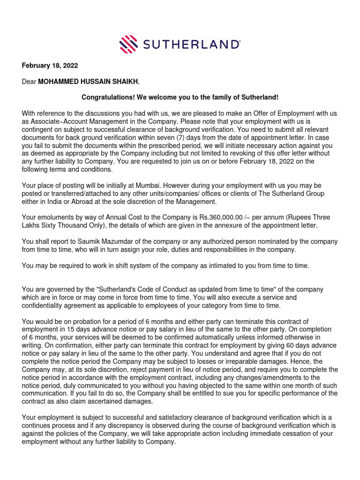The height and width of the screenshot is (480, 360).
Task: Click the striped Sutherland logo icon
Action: [x=129, y=45]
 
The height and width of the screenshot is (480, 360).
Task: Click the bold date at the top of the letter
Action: [x=50, y=66]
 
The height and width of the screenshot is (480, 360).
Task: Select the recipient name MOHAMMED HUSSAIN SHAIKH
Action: [x=88, y=82]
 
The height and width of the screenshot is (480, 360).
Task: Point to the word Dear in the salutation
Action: [x=29, y=82]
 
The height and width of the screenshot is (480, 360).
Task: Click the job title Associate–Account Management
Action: [x=73, y=121]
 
